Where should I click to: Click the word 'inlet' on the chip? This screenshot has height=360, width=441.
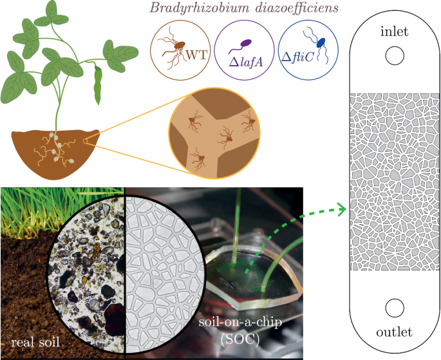click(394, 32)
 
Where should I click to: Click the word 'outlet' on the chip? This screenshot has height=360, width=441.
click(394, 332)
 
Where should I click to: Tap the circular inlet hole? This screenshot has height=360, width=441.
click(394, 57)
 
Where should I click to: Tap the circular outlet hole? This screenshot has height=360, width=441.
click(394, 307)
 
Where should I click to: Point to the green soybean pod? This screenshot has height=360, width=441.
click(98, 84)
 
